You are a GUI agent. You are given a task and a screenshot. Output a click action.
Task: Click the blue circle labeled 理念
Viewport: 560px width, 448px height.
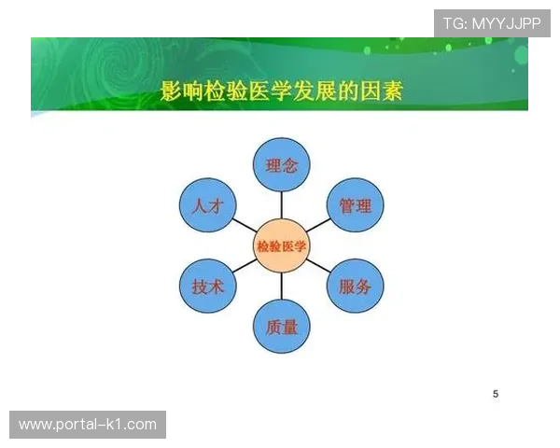point(281,165)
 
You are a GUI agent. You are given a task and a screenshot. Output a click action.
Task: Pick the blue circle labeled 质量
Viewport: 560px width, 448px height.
point(281,328)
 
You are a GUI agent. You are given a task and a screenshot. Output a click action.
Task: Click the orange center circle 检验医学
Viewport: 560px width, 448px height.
point(281,246)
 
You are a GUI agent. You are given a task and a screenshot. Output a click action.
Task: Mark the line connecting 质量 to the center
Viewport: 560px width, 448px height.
point(281,287)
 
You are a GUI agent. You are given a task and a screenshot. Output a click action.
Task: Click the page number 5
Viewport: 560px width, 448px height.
point(496,394)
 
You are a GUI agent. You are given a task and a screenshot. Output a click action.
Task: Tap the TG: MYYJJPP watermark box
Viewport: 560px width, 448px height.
point(492,23)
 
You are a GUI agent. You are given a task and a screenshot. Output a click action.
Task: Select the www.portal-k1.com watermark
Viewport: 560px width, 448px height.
point(89,425)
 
